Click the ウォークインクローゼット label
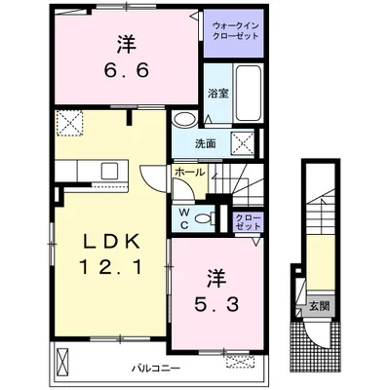pos(236,30)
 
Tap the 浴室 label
pos(218,94)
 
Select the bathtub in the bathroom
pos(249,93)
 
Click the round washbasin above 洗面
pos(184,119)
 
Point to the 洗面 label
pos(206,143)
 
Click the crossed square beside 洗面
pos(243,143)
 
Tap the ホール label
pos(190,173)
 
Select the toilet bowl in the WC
pos(205,218)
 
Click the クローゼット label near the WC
pos(249,222)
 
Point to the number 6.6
pos(127,70)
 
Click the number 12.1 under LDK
pos(110,268)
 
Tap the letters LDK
pos(111,242)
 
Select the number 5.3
pos(216,304)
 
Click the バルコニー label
pos(156,369)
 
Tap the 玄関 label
pos(320,306)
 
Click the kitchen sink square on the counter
pos(109,171)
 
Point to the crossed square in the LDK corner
pos(69,123)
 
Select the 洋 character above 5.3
pos(217,279)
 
